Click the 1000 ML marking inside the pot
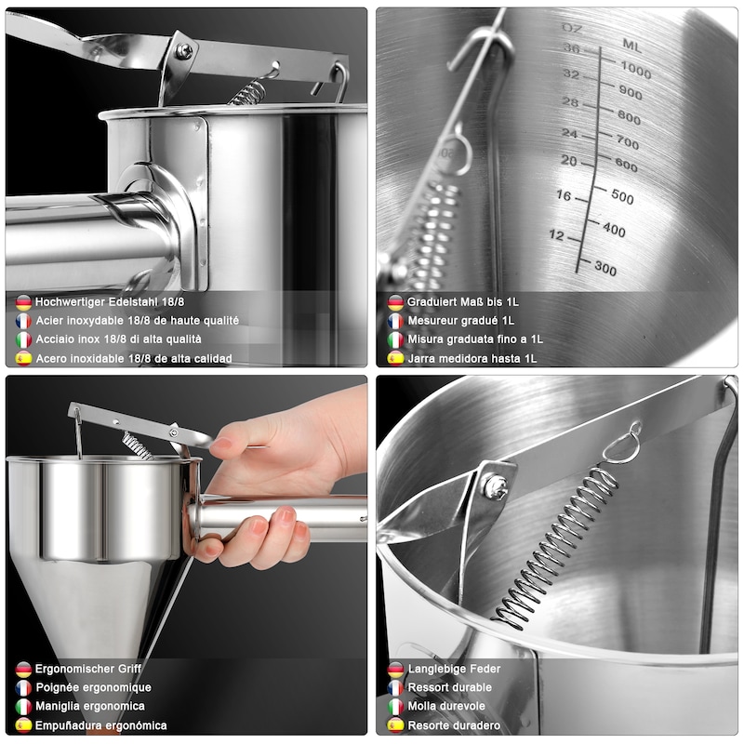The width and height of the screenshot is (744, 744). point(636,71)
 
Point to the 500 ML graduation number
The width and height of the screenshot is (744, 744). point(622,196)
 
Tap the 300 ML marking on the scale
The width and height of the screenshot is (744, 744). point(605,269)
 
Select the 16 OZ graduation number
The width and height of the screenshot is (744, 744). point(564,195)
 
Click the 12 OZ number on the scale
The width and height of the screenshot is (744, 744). point(556,235)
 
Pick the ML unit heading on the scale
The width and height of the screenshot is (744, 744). point(632,46)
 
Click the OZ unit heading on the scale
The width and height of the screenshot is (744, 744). point(572,29)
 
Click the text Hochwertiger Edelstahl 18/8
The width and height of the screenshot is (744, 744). point(110,301)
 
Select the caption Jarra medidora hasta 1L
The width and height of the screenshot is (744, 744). point(472,359)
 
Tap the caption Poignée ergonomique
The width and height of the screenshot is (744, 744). point(94,687)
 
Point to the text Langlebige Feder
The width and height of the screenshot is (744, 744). point(454,669)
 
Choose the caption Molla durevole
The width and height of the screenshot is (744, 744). point(446,707)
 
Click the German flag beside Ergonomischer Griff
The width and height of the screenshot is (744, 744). point(23,670)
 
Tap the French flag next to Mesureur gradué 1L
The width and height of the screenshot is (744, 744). point(395,321)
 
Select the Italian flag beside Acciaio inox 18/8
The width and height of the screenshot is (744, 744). point(23,339)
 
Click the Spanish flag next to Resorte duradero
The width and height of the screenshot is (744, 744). point(395,725)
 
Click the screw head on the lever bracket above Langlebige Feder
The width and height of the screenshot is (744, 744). point(496,486)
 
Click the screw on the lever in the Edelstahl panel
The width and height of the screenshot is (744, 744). point(184,50)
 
